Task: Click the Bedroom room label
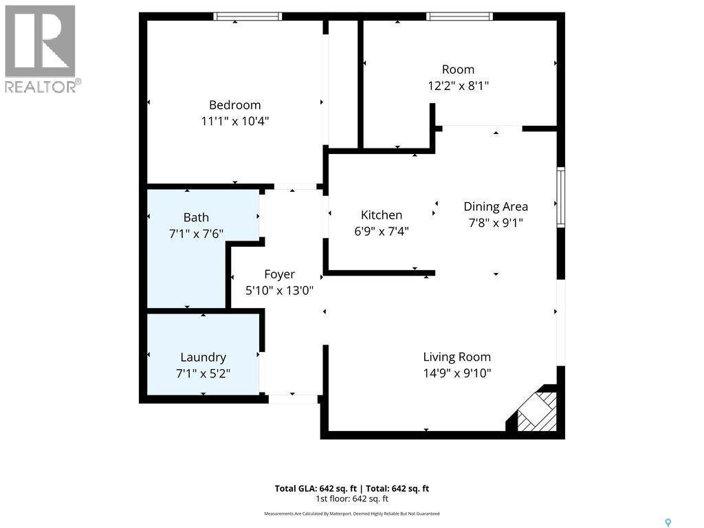[234, 105]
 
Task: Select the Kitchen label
[382, 215]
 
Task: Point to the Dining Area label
[496, 206]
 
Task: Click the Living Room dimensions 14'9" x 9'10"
[456, 373]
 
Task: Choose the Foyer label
[279, 274]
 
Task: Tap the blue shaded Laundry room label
[203, 357]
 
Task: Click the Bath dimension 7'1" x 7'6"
[196, 234]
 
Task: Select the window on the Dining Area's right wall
[561, 197]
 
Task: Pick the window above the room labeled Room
[459, 16]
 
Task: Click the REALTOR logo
[41, 48]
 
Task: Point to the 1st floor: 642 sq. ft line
[352, 499]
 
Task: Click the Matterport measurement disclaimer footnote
[352, 514]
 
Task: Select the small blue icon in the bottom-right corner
[668, 522]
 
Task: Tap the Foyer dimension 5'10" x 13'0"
[280, 290]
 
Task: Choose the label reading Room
[458, 69]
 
